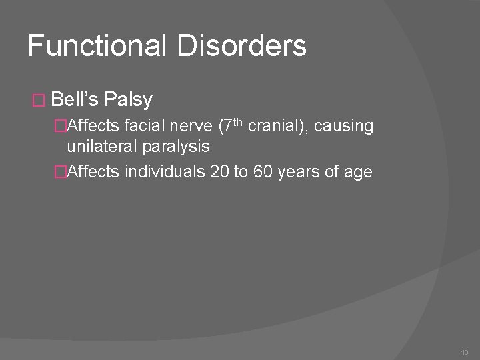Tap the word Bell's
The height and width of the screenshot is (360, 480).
[75, 100]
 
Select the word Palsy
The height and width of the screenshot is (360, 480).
[129, 100]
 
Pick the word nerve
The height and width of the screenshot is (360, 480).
[189, 127]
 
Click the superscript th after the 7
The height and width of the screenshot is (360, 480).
[237, 123]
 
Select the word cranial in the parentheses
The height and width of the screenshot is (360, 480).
[273, 127]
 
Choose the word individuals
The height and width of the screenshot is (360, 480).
[165, 172]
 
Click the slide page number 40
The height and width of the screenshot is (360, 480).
[464, 351]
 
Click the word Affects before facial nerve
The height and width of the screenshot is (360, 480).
[93, 127]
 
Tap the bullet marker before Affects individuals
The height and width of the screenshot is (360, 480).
[61, 173]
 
